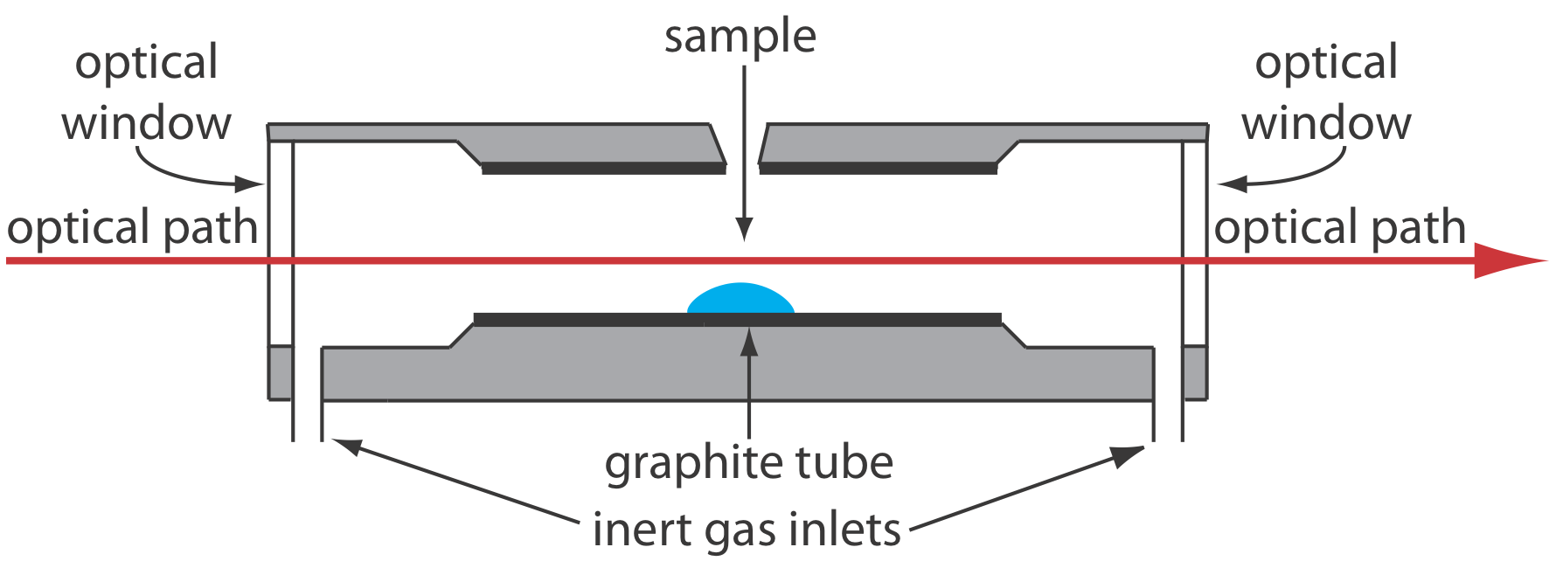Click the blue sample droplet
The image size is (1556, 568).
point(740,299)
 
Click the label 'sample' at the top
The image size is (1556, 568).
point(740,37)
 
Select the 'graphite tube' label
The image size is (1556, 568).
point(749,462)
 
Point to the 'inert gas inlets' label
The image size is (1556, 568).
point(747,530)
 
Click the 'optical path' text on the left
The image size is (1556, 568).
point(133,228)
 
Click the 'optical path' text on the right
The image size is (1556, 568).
point(1339,228)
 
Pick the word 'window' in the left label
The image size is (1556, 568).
point(147,123)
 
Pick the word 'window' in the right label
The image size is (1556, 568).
point(1326,123)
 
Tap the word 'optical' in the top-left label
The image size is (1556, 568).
point(147,64)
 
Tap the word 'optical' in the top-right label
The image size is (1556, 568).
point(1326,64)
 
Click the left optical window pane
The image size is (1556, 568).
point(281,245)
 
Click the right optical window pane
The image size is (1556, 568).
point(1195,245)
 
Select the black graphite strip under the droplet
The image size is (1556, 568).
point(737,320)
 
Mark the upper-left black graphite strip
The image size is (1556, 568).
point(603,169)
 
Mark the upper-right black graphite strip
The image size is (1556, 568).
point(879,169)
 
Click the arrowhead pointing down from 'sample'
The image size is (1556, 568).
point(744,229)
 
